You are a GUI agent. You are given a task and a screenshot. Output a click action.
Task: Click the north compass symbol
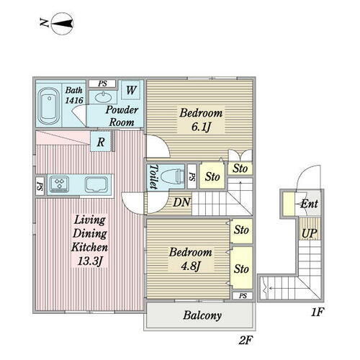(x=63, y=24)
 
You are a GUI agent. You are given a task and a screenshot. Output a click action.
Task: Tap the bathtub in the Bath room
(x=49, y=106)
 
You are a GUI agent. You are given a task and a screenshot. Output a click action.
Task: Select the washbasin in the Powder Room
(x=103, y=97)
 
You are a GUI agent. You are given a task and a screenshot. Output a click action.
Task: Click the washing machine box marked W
(x=131, y=90)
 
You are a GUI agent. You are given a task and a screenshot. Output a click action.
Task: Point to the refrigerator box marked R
(x=101, y=142)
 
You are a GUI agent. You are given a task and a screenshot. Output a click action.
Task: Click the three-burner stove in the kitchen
(x=58, y=184)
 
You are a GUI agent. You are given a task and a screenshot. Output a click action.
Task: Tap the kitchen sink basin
(x=96, y=184)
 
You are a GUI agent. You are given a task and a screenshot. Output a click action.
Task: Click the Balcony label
(x=202, y=315)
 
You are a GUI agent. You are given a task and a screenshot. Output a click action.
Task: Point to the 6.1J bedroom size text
(x=201, y=127)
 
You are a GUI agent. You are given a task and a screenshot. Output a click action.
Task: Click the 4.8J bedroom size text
(x=190, y=266)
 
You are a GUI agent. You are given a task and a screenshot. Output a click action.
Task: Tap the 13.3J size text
(x=90, y=261)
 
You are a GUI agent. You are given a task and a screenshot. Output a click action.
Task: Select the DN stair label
(x=181, y=202)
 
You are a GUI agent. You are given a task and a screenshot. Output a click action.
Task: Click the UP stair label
(x=310, y=233)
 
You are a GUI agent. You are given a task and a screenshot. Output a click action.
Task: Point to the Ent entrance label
(x=310, y=204)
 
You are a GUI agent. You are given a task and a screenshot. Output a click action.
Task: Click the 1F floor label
(x=318, y=312)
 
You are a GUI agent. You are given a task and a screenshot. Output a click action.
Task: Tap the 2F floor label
(x=246, y=340)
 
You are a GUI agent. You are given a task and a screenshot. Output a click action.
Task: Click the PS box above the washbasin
(x=102, y=84)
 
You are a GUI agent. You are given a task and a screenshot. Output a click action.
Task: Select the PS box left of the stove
(x=40, y=186)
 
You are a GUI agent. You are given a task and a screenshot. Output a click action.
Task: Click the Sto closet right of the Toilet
(x=212, y=176)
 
